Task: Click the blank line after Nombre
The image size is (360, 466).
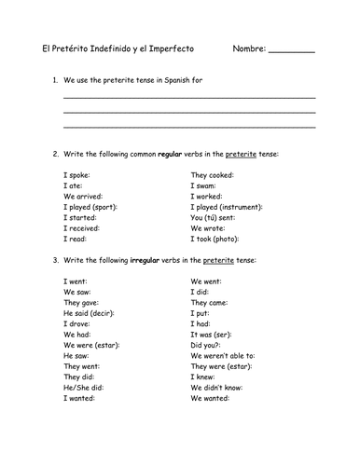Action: click(x=292, y=51)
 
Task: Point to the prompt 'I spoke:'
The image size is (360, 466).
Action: click(x=77, y=174)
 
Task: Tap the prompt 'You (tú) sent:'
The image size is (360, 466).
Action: click(x=215, y=227)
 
